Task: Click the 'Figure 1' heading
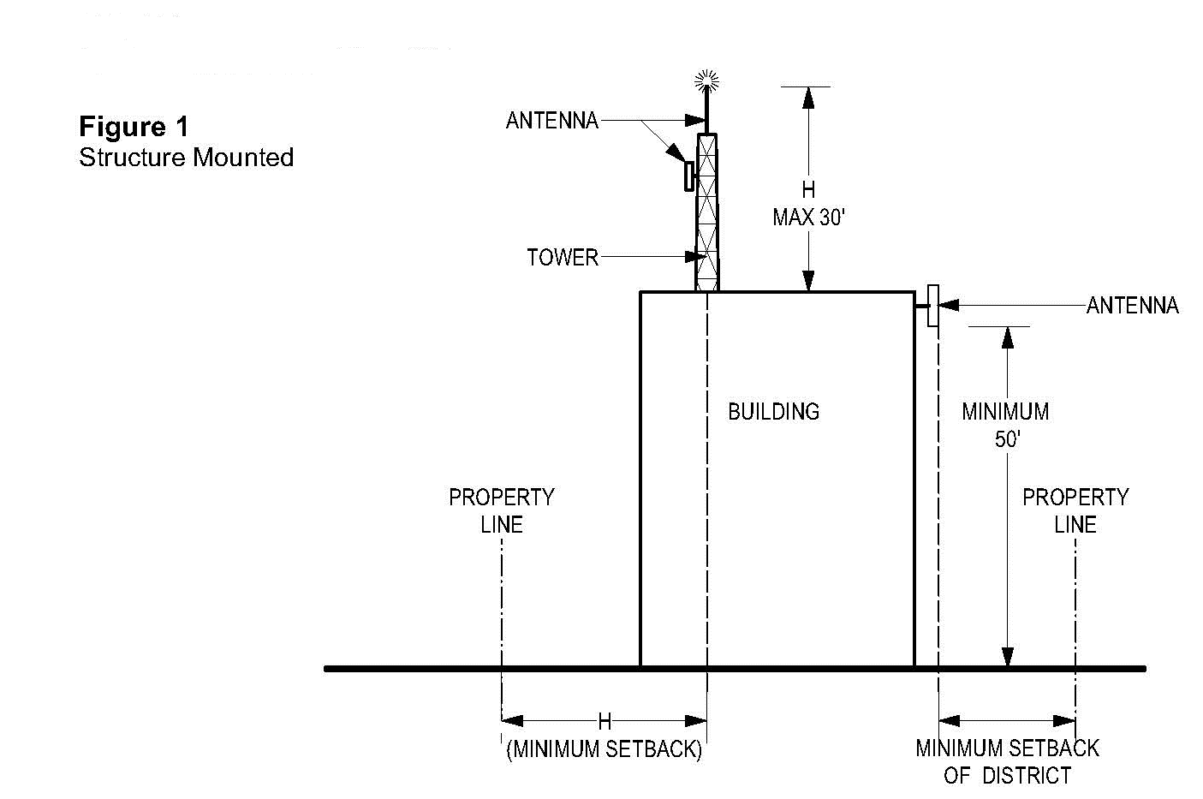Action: click(x=133, y=127)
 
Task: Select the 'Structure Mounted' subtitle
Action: click(x=186, y=158)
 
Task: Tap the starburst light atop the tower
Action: click(x=706, y=81)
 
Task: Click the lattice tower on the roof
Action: click(x=707, y=214)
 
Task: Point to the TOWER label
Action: click(x=562, y=257)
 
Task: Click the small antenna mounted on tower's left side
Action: click(x=688, y=176)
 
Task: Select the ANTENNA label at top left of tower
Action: click(x=551, y=121)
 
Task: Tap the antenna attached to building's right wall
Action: click(x=932, y=306)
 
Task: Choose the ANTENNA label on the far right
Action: click(x=1132, y=306)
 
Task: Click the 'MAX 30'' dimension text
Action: click(x=808, y=218)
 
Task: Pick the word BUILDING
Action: click(x=773, y=412)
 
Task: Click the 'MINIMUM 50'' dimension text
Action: click(x=1005, y=425)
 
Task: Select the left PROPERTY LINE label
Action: click(x=501, y=510)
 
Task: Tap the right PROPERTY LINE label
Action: click(x=1075, y=510)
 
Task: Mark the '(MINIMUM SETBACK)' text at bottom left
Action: click(x=604, y=749)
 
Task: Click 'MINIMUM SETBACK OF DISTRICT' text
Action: click(x=1007, y=761)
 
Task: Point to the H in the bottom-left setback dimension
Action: click(x=604, y=722)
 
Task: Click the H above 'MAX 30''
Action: click(x=808, y=190)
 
